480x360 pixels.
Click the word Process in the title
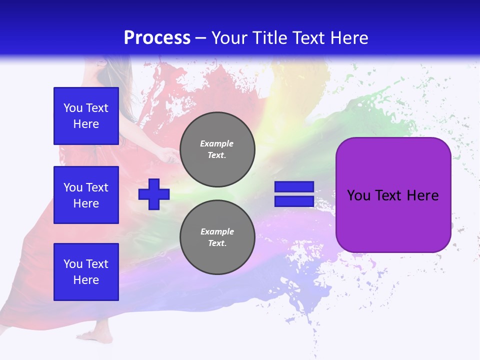(157, 38)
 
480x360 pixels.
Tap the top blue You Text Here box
(86, 116)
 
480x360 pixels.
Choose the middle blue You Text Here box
(86, 195)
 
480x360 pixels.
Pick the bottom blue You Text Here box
(86, 271)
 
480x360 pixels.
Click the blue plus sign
(154, 194)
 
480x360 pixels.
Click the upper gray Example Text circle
(217, 149)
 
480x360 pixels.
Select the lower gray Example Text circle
(217, 237)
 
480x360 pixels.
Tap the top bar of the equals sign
(294, 187)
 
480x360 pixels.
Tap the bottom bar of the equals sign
(294, 201)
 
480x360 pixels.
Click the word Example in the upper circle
(217, 143)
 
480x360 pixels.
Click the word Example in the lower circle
(217, 231)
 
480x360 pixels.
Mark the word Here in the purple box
(423, 195)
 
